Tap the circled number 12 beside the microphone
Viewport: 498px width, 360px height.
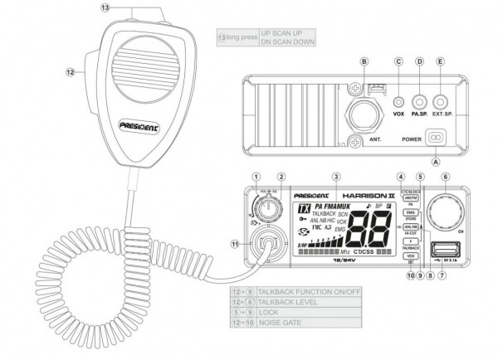pos(71,72)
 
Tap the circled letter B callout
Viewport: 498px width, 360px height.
pos(364,63)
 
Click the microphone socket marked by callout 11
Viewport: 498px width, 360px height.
pos(265,244)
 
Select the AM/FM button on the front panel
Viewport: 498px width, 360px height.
pos(410,197)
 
